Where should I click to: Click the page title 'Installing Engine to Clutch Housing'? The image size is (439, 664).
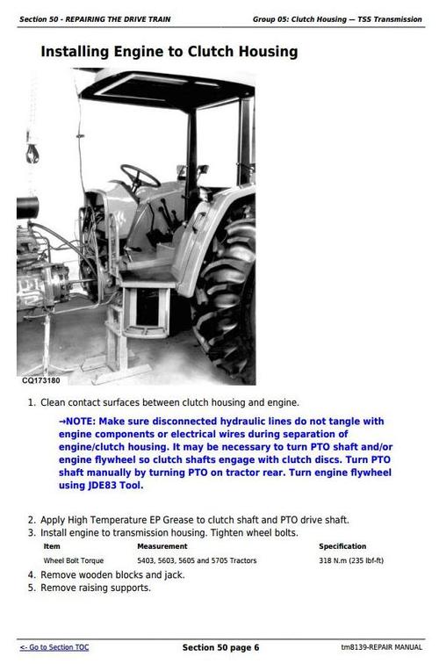[169, 53]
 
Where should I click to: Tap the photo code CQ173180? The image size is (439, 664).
[41, 380]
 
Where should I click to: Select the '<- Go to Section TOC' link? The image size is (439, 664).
[54, 647]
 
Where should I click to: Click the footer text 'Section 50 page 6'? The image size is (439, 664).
[220, 647]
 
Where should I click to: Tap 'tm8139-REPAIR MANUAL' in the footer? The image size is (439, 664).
[380, 647]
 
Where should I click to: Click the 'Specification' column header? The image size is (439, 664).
[342, 546]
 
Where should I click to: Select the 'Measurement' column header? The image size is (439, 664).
[162, 546]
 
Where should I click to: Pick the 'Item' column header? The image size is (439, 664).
[52, 546]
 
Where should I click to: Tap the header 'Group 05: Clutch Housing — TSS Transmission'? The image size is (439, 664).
[337, 19]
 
